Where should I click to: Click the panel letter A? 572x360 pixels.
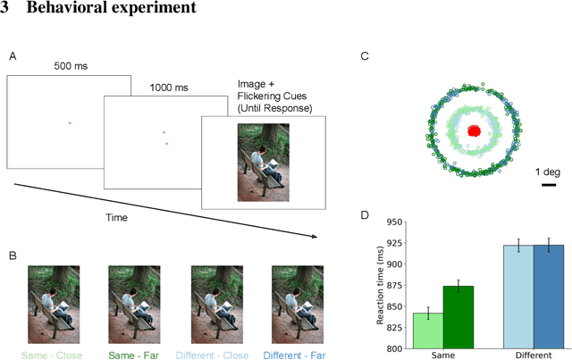click(x=13, y=56)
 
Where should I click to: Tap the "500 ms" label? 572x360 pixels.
click(x=71, y=66)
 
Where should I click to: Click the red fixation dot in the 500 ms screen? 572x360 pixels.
click(x=70, y=121)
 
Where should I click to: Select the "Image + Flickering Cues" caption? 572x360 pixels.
click(x=274, y=96)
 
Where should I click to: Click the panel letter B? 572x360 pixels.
click(x=13, y=256)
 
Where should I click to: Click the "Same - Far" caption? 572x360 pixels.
click(x=133, y=353)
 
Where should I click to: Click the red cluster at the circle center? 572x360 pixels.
click(x=475, y=130)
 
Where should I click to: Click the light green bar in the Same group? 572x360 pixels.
click(x=428, y=331)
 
